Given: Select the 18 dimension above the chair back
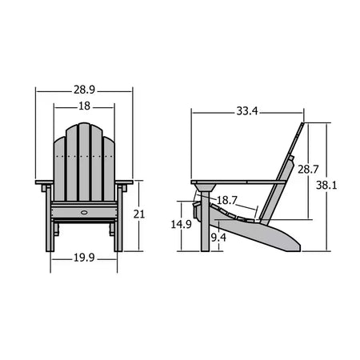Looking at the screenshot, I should (x=84, y=106).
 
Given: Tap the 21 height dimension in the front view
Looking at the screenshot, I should (x=138, y=214).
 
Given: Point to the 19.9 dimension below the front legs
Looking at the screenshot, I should (x=84, y=257).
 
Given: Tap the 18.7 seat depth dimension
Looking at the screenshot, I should (x=227, y=199).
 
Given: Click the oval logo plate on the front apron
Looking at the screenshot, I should (x=84, y=213).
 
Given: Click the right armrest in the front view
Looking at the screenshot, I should (x=124, y=184).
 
